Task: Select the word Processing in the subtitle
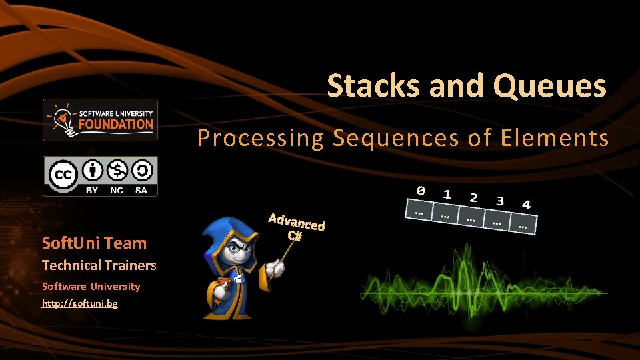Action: tap(259, 138)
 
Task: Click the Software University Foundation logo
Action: tap(100, 120)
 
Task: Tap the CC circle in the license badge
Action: tap(63, 175)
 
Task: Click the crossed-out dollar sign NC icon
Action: tap(118, 171)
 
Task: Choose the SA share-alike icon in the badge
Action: tap(141, 171)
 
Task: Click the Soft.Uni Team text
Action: tap(94, 243)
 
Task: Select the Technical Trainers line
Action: tap(99, 265)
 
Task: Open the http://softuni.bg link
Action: tap(79, 304)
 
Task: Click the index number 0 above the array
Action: tap(420, 191)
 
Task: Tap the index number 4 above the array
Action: tap(526, 205)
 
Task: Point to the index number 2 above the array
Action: tap(473, 197)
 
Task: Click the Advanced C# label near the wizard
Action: tap(296, 227)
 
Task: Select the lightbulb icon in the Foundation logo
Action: tap(61, 117)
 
